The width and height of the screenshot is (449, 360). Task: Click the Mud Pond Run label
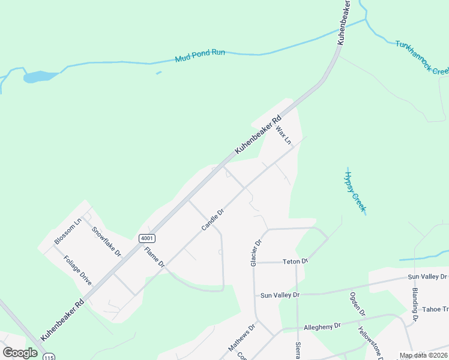(200, 56)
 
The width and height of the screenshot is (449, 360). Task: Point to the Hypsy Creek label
(355, 191)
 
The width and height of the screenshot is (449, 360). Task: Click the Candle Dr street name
(212, 220)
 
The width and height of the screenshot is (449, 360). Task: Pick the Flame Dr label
(154, 256)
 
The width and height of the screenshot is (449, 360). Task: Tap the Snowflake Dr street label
(107, 241)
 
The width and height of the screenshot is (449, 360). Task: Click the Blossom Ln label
(67, 232)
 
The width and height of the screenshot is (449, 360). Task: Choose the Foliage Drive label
(78, 271)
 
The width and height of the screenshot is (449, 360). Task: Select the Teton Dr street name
(296, 261)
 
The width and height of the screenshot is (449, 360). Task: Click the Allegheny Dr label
(322, 326)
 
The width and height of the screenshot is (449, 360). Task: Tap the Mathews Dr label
(241, 338)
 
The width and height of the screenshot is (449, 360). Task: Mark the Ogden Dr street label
(358, 304)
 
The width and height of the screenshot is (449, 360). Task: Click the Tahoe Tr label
(436, 309)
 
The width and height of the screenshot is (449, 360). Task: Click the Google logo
(20, 352)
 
